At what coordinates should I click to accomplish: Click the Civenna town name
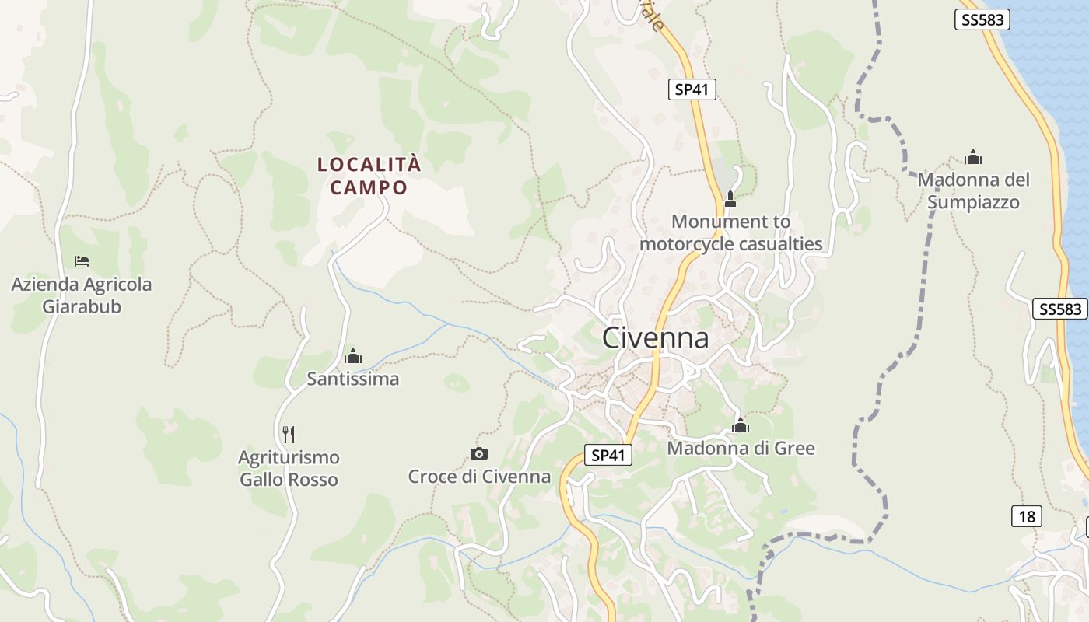pyautogui.click(x=656, y=338)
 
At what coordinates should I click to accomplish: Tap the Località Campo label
pyautogui.click(x=369, y=176)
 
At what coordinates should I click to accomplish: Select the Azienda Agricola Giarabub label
pyautogui.click(x=82, y=295)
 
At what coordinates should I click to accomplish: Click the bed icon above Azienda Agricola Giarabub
pyautogui.click(x=82, y=261)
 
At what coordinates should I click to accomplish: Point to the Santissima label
pyautogui.click(x=352, y=379)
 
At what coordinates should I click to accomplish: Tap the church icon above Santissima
pyautogui.click(x=353, y=356)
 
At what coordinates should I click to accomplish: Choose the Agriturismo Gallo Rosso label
pyautogui.click(x=289, y=468)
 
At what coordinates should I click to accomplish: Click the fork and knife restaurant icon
pyautogui.click(x=289, y=433)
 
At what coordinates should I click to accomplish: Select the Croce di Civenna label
pyautogui.click(x=479, y=477)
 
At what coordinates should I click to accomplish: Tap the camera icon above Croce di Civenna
pyautogui.click(x=479, y=453)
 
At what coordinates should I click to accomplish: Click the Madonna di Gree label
pyautogui.click(x=741, y=449)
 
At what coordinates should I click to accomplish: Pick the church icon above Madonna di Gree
pyautogui.click(x=741, y=425)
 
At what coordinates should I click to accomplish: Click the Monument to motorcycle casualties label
pyautogui.click(x=730, y=232)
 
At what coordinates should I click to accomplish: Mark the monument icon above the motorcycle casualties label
pyautogui.click(x=730, y=199)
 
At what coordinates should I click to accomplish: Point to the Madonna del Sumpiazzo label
pyautogui.click(x=973, y=191)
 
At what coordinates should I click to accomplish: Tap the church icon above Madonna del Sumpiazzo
pyautogui.click(x=973, y=158)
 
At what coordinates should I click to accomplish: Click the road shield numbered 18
pyautogui.click(x=1027, y=516)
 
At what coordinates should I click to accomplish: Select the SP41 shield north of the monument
pyautogui.click(x=692, y=89)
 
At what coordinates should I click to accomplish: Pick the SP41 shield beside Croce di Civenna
pyautogui.click(x=608, y=456)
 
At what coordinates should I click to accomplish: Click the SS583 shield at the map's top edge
pyautogui.click(x=982, y=20)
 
